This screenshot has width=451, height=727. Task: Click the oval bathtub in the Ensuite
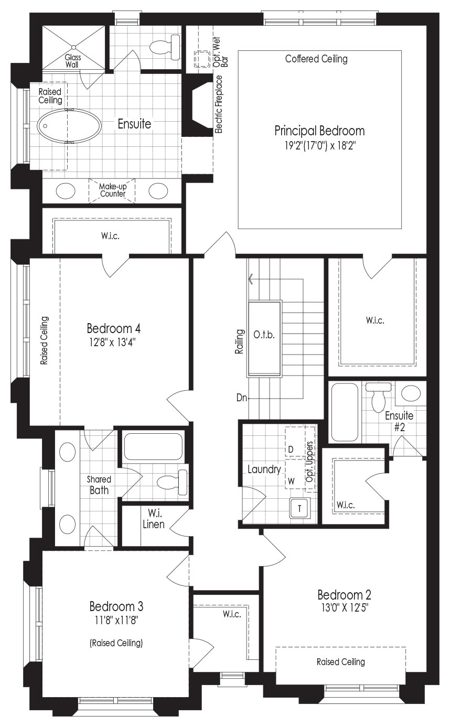pos(69,125)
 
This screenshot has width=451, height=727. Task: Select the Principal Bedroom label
pos(319,131)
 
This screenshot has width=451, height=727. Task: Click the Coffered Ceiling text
pos(316,59)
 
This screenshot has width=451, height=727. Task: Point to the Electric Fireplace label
pos(219,104)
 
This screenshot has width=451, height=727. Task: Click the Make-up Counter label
pos(113,190)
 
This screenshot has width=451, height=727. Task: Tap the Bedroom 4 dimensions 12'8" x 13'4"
pos(112,343)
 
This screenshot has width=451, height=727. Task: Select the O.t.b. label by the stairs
pos(264,335)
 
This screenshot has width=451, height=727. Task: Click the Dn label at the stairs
pos(242,398)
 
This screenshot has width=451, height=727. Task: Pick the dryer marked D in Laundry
pos(296,442)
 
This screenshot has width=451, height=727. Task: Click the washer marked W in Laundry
pos(296,474)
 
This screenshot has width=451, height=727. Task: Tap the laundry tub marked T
pos(299,509)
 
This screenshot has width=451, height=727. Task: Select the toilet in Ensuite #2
pos(378,397)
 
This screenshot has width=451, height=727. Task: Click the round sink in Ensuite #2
pos(411,393)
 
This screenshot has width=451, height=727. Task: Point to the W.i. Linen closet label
pos(154,519)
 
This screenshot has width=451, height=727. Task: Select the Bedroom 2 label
pos(344,595)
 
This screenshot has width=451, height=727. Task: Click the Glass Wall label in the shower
pos(73,61)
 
